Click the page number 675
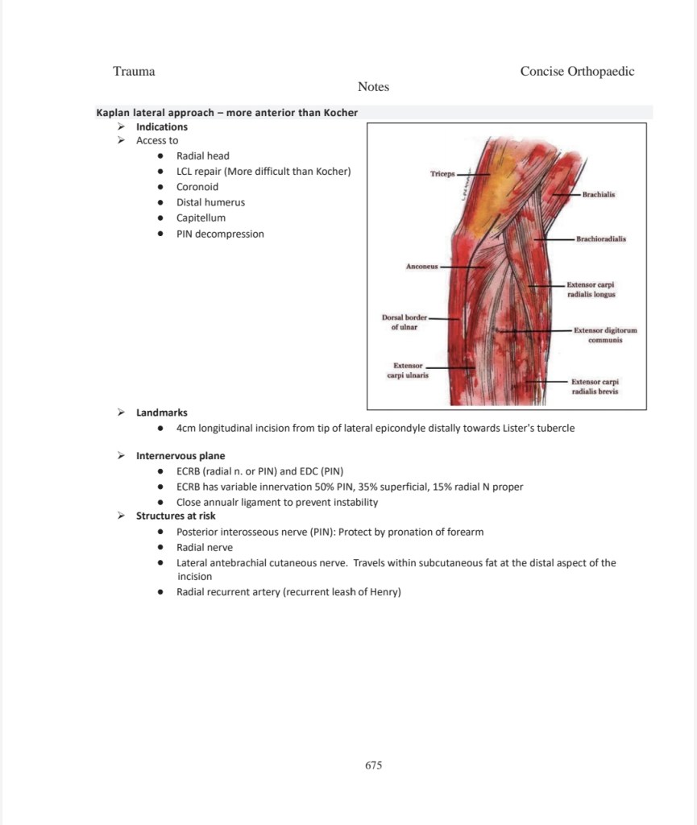point(373,765)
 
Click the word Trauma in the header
point(134,71)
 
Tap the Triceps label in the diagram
point(442,173)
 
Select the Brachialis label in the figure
point(599,195)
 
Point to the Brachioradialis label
point(601,239)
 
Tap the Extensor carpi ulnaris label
point(407,371)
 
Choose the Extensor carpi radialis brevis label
point(595,386)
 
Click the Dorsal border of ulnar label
point(405,322)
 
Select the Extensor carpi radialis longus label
point(591,290)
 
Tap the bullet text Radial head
point(202,155)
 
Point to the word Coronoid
point(197,187)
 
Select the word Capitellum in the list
point(201,218)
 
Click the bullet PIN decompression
point(220,234)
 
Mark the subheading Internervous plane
point(180,455)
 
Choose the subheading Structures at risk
point(176,516)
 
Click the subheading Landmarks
point(161,412)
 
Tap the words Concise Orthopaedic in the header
point(577,71)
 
